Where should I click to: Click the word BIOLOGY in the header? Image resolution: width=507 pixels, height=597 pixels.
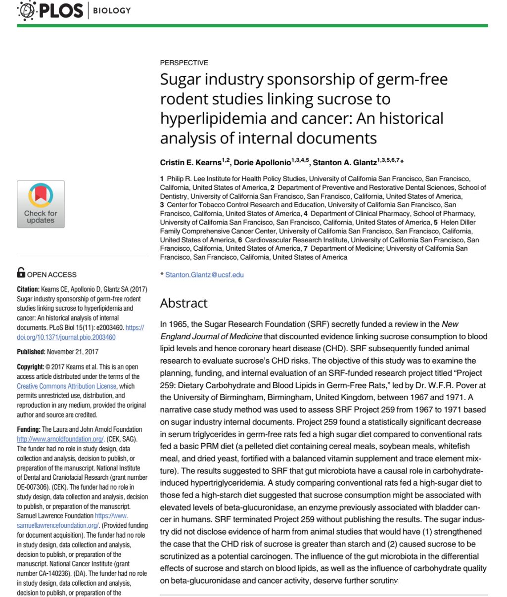click(112, 10)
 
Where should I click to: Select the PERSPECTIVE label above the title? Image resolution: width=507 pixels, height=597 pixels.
click(184, 63)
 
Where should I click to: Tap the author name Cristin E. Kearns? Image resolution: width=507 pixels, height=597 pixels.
click(190, 163)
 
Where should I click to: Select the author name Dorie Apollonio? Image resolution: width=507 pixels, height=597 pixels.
click(262, 163)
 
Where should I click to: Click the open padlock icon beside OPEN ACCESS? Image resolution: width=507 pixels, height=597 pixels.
click(21, 273)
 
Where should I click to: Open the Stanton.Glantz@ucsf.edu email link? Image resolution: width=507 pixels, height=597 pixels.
click(204, 275)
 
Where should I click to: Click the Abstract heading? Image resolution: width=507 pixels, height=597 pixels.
click(184, 303)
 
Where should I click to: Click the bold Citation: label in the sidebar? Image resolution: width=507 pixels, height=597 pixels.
click(28, 289)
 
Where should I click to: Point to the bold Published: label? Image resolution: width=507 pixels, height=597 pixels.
click(31, 352)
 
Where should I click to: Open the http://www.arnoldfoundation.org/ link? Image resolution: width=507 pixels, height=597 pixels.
click(60, 439)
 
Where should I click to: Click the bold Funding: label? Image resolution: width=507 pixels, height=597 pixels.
click(29, 429)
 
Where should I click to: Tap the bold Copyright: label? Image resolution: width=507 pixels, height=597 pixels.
click(31, 367)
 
